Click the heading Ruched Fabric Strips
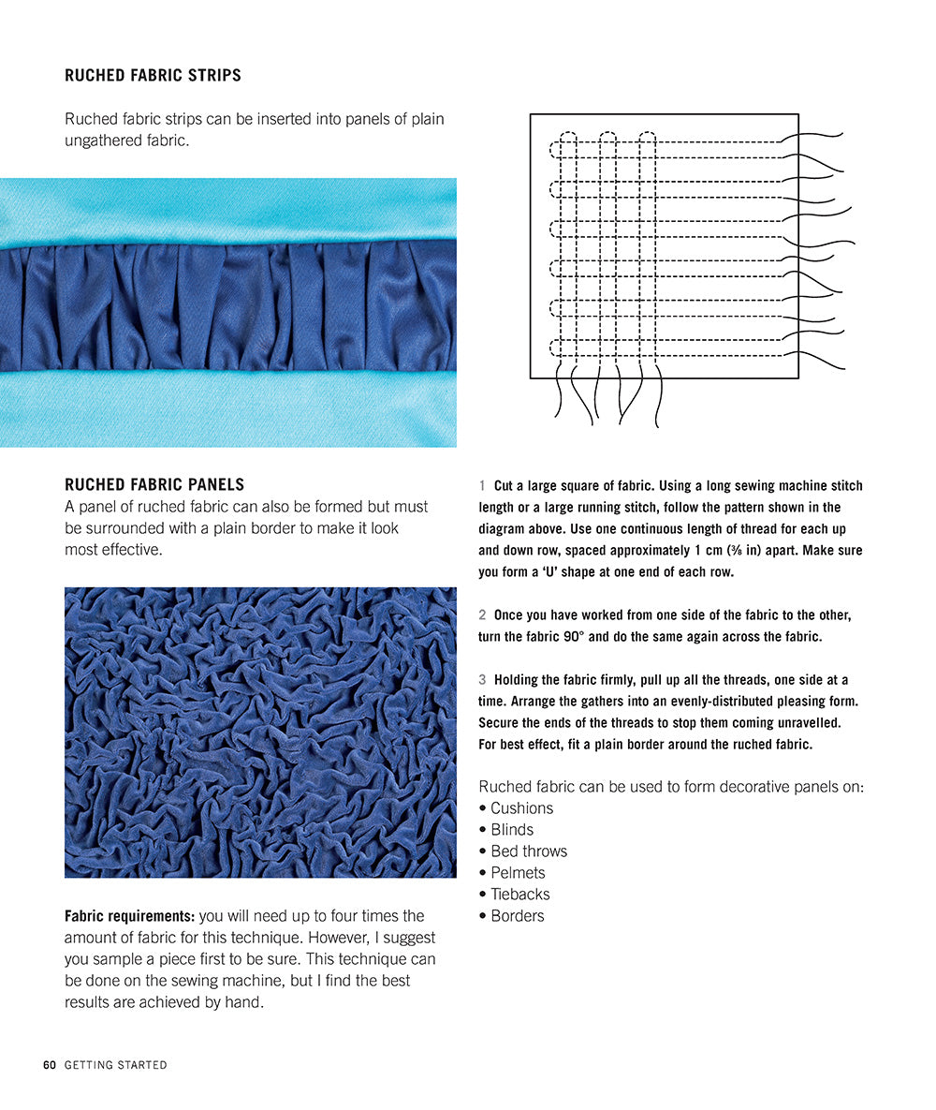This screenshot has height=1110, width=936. click(153, 76)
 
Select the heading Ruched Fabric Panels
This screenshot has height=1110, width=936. click(154, 485)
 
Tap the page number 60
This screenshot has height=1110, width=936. click(50, 1065)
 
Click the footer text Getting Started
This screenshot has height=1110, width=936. click(116, 1065)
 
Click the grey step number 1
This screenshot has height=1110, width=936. click(482, 486)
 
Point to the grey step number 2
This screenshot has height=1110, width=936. click(482, 615)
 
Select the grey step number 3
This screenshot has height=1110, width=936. click(482, 680)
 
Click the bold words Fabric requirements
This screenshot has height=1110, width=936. click(130, 916)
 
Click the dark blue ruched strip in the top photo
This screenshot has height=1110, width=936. click(228, 305)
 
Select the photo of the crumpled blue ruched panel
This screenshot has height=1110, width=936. click(260, 733)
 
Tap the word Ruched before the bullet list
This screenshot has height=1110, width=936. click(505, 787)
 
